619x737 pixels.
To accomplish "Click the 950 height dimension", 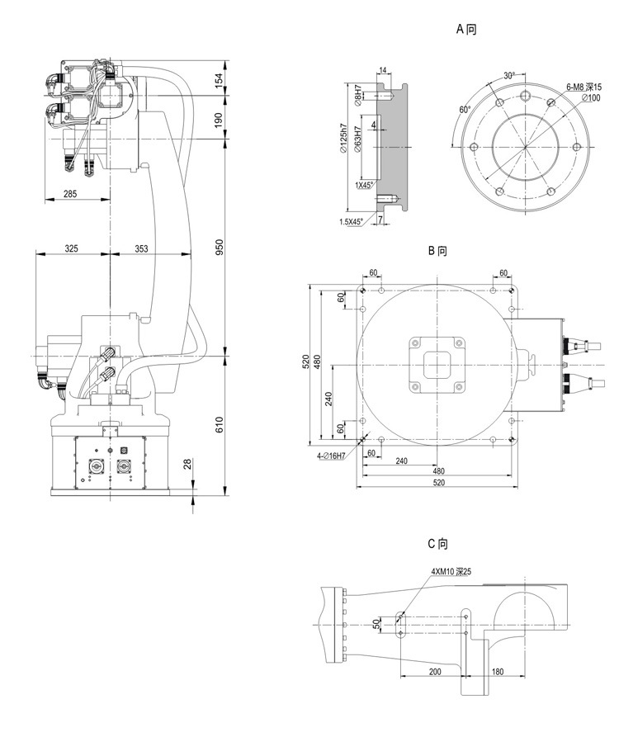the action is click(219, 248).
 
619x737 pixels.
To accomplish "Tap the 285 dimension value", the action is click(70, 193).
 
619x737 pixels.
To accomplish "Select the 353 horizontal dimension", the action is click(141, 248).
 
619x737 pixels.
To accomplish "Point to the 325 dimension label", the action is click(72, 248).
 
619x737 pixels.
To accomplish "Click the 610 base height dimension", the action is click(219, 424).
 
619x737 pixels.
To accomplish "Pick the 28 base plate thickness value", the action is click(188, 465).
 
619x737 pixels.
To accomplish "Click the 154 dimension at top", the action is click(219, 80).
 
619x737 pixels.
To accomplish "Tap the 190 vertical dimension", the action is click(219, 120).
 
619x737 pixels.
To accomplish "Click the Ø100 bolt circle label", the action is click(591, 97).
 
